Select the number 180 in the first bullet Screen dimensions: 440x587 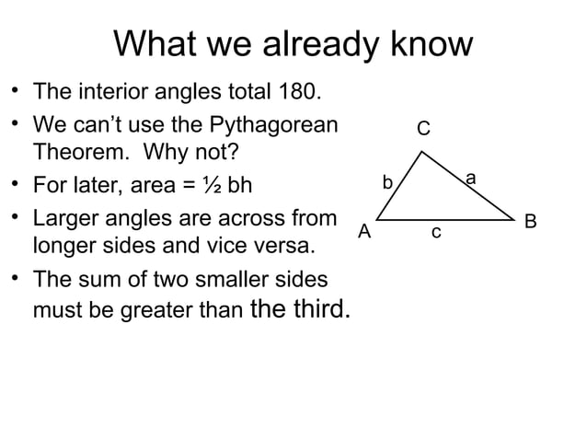click(296, 93)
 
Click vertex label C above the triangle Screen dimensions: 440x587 click(423, 128)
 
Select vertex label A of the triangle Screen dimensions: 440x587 click(364, 231)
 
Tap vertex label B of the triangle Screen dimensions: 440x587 click(530, 222)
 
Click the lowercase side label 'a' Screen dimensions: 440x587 click(470, 176)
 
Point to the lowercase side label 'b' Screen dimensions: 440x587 click(388, 181)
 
